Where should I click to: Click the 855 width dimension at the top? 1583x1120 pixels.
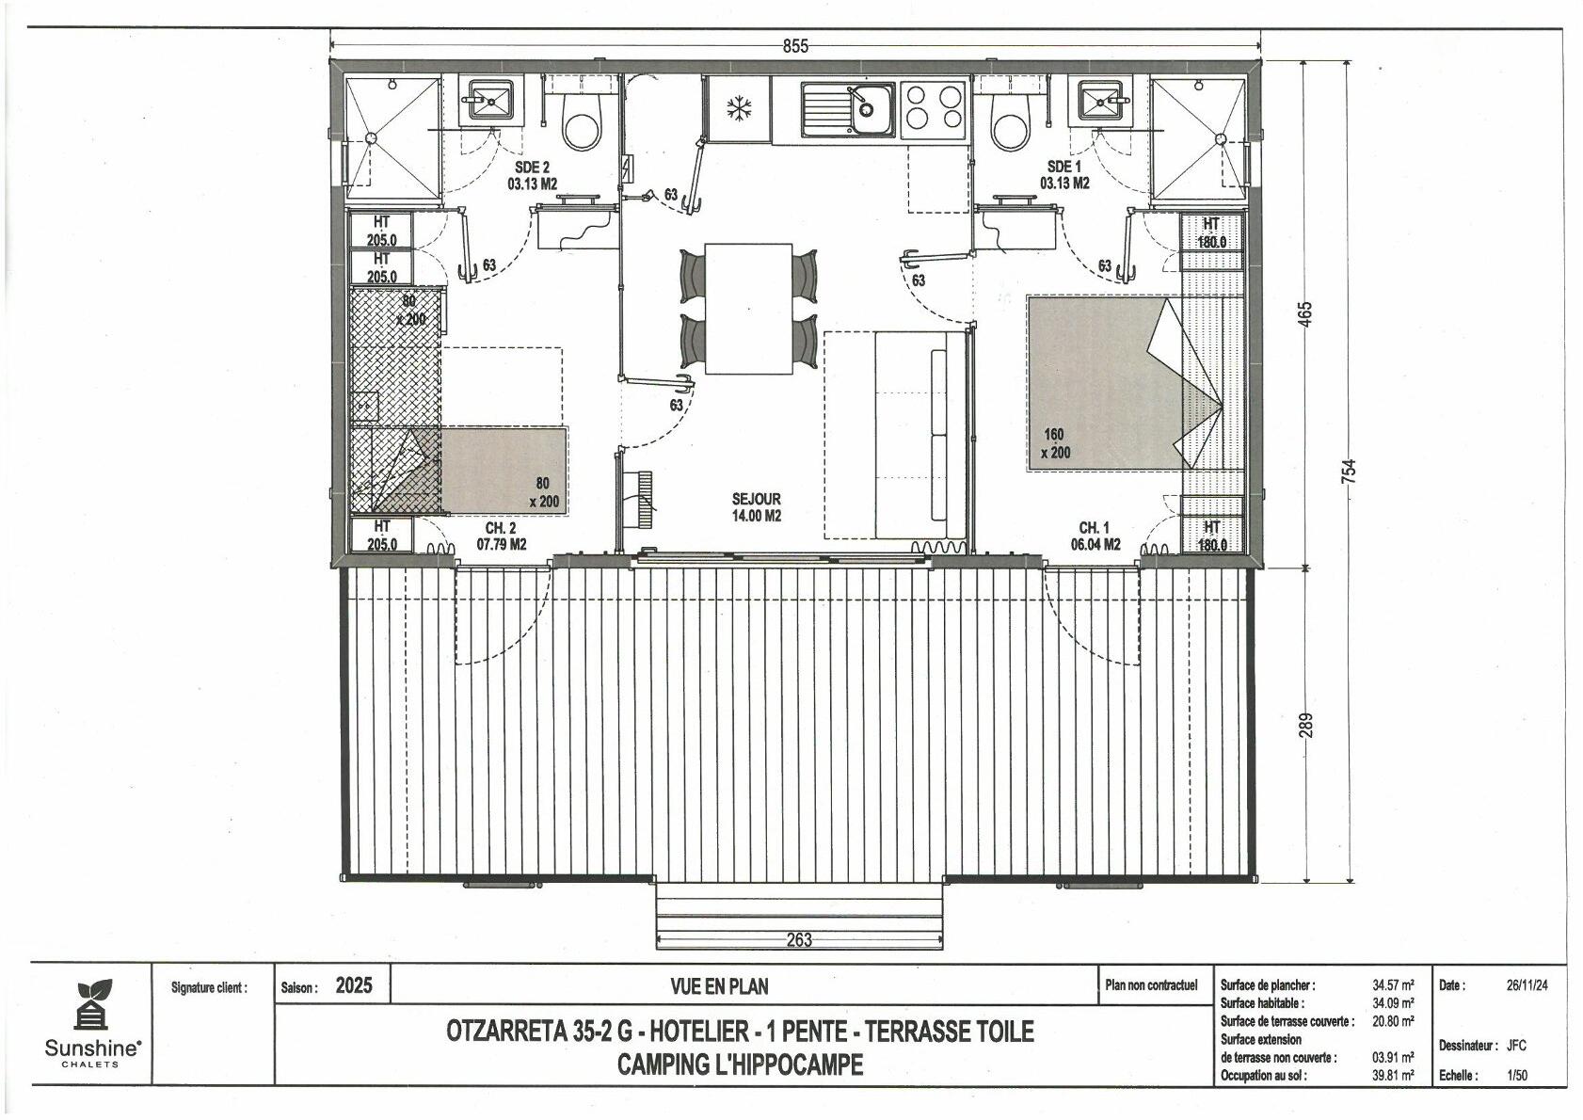(795, 47)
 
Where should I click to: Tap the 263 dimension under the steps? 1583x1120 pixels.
(799, 940)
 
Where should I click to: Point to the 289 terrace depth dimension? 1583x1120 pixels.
(1305, 725)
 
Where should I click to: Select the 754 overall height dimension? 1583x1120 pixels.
(1349, 472)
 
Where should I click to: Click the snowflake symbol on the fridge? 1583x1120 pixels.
(740, 109)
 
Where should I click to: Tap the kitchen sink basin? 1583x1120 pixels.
(871, 109)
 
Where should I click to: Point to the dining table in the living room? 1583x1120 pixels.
(748, 309)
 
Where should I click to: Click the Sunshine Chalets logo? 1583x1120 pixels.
(92, 1023)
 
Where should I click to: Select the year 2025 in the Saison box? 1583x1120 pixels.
(354, 985)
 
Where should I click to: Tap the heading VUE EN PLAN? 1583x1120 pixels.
(719, 986)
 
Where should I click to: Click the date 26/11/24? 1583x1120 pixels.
(1527, 985)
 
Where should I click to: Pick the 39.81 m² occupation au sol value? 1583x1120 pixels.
(1393, 1076)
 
